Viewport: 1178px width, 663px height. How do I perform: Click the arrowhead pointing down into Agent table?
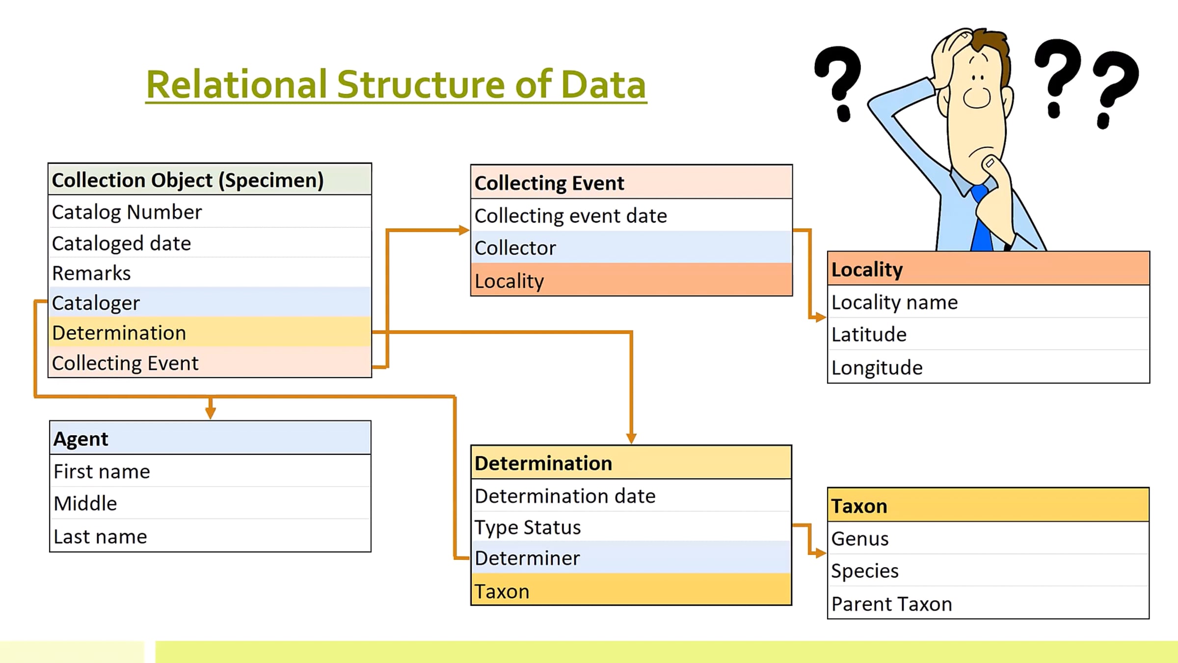(x=211, y=413)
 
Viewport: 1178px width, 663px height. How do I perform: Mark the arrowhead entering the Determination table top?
(x=631, y=438)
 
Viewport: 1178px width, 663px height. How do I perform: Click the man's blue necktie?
(x=981, y=221)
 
